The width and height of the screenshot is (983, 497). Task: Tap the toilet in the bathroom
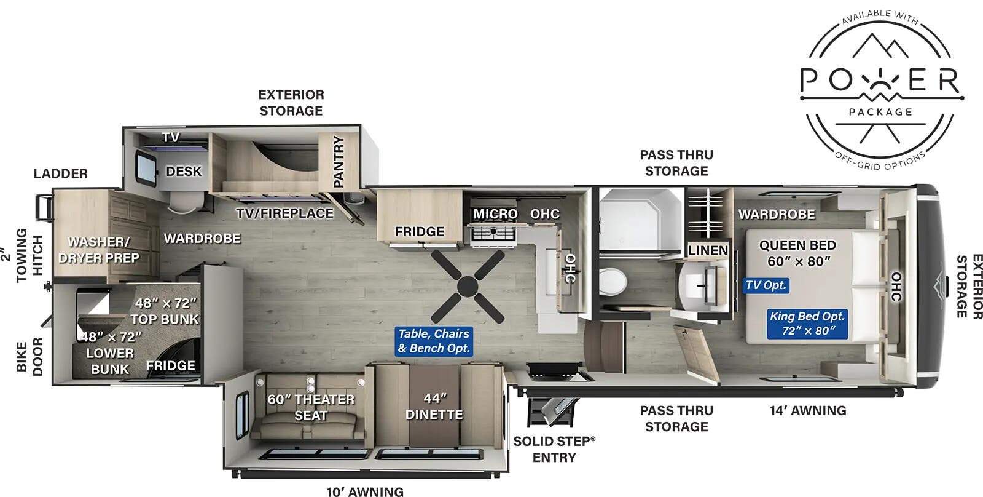[x=613, y=281]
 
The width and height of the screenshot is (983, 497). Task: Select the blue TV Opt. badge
[x=766, y=285]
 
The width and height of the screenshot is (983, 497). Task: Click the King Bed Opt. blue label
[x=807, y=324]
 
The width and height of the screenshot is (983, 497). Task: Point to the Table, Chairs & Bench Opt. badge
[x=434, y=341]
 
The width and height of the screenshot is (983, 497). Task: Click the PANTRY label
[x=339, y=161]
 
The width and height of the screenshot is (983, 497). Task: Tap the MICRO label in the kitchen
[x=495, y=214]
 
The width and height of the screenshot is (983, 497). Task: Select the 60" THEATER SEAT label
[x=311, y=407]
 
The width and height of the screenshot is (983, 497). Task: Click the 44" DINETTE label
[x=434, y=407]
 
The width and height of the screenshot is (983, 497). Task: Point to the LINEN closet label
[x=708, y=250]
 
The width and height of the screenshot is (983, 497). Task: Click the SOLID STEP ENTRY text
[x=554, y=449]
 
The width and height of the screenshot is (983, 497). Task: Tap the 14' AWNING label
[x=808, y=410]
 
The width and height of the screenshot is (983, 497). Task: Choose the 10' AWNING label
[x=365, y=491]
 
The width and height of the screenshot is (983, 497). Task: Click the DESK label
[x=184, y=172]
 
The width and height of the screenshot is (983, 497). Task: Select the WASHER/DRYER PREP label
[x=99, y=250]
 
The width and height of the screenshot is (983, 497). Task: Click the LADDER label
[x=61, y=173]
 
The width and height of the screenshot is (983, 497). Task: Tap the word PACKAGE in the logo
[x=880, y=112]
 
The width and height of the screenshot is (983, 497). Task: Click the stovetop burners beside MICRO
[x=493, y=232]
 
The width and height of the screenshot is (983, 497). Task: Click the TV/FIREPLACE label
[x=285, y=213]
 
